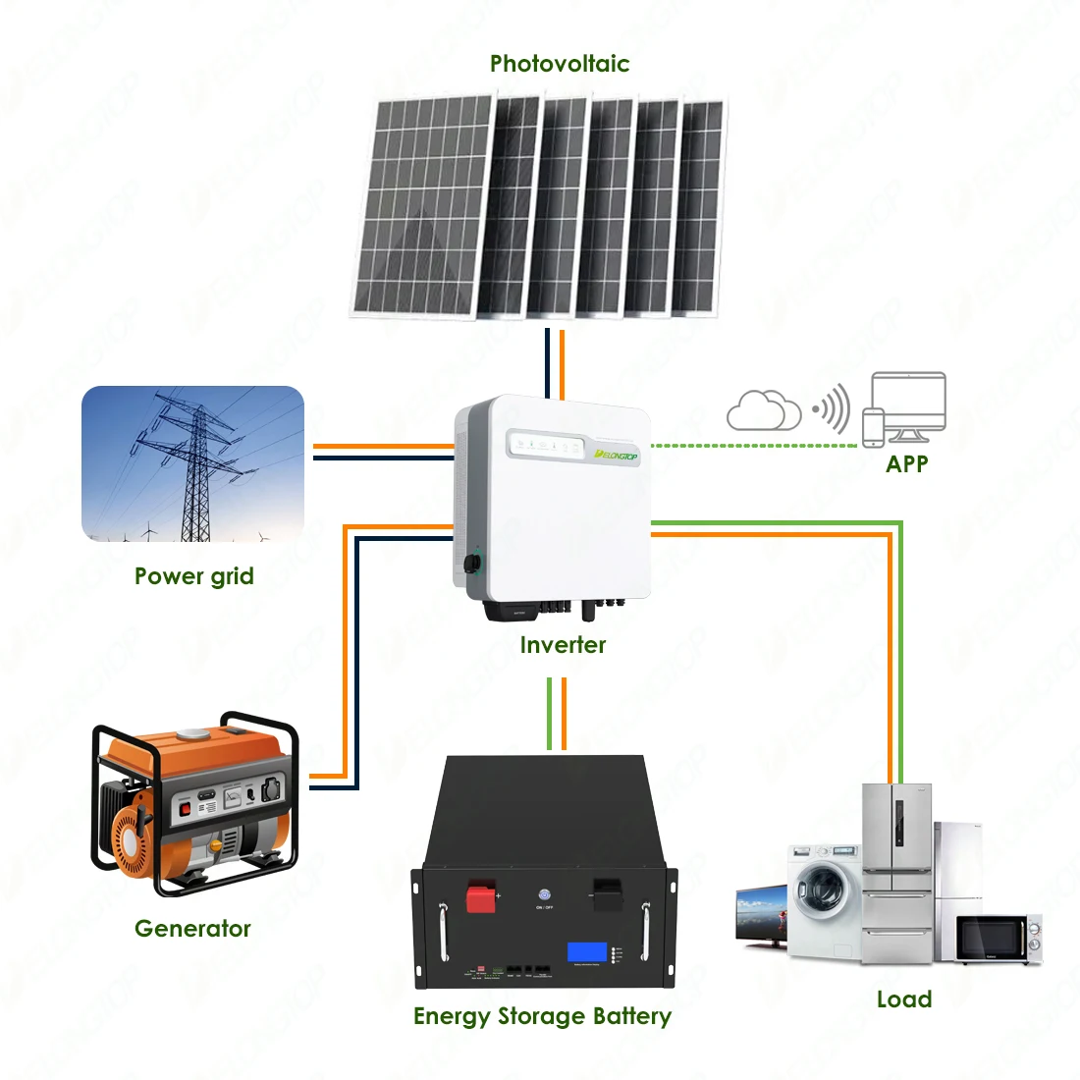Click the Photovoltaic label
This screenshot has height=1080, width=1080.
click(x=560, y=64)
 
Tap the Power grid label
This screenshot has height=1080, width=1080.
click(x=193, y=576)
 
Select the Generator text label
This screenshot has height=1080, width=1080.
click(x=192, y=928)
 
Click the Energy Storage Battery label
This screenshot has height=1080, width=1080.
click(x=542, y=1016)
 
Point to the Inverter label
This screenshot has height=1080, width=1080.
click(x=563, y=645)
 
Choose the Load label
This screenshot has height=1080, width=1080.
click(x=904, y=999)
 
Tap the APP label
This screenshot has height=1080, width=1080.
click(x=906, y=463)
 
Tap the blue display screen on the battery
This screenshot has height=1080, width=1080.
click(x=587, y=952)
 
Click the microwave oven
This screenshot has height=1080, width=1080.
click(x=998, y=939)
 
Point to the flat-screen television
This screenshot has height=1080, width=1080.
click(x=762, y=915)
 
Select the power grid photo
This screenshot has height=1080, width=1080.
click(x=192, y=463)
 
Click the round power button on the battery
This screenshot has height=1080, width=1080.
click(x=544, y=894)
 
